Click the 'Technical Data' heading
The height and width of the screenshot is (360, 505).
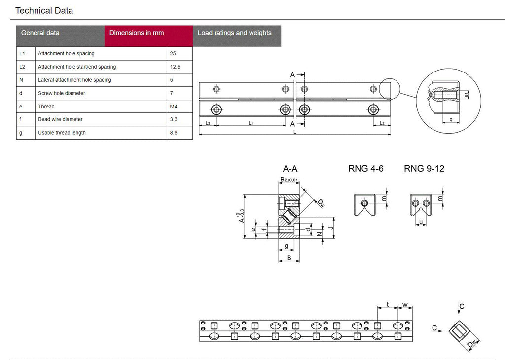(x=44, y=10)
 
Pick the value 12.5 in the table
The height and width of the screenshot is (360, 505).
(x=175, y=67)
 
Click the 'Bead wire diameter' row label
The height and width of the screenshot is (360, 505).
(x=60, y=119)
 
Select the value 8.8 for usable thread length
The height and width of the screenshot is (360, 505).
(x=174, y=133)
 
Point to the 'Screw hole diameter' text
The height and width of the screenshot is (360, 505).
(x=62, y=93)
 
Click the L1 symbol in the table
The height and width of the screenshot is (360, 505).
(x=22, y=53)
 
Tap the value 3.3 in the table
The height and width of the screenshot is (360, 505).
(x=174, y=119)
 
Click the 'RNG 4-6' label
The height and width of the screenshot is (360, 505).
(x=365, y=169)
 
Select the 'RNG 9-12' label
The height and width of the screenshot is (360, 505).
(x=424, y=169)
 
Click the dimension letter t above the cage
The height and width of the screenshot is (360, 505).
(x=388, y=305)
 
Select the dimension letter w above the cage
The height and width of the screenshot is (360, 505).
(x=405, y=305)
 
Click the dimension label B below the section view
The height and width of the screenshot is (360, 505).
(x=290, y=258)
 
